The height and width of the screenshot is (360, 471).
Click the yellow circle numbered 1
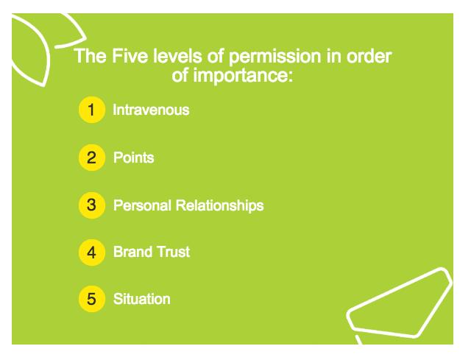(92, 110)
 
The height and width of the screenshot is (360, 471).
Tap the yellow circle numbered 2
(92, 158)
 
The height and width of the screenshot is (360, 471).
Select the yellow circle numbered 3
(92, 205)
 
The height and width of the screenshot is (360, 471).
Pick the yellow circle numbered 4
(92, 253)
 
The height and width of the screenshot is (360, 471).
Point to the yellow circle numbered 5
(92, 299)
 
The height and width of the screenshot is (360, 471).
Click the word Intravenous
(151, 110)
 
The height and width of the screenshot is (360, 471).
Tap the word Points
(134, 158)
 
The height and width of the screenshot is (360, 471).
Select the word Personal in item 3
(142, 205)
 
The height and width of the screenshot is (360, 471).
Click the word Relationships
(219, 206)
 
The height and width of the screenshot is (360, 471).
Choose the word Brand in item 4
(132, 252)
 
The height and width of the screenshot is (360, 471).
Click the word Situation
(142, 299)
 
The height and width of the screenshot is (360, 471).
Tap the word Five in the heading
(130, 56)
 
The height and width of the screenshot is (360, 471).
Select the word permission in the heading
(275, 57)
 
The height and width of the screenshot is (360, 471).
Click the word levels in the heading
(177, 56)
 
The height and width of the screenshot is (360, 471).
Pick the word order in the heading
(369, 56)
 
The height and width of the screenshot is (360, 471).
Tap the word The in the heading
(91, 56)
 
